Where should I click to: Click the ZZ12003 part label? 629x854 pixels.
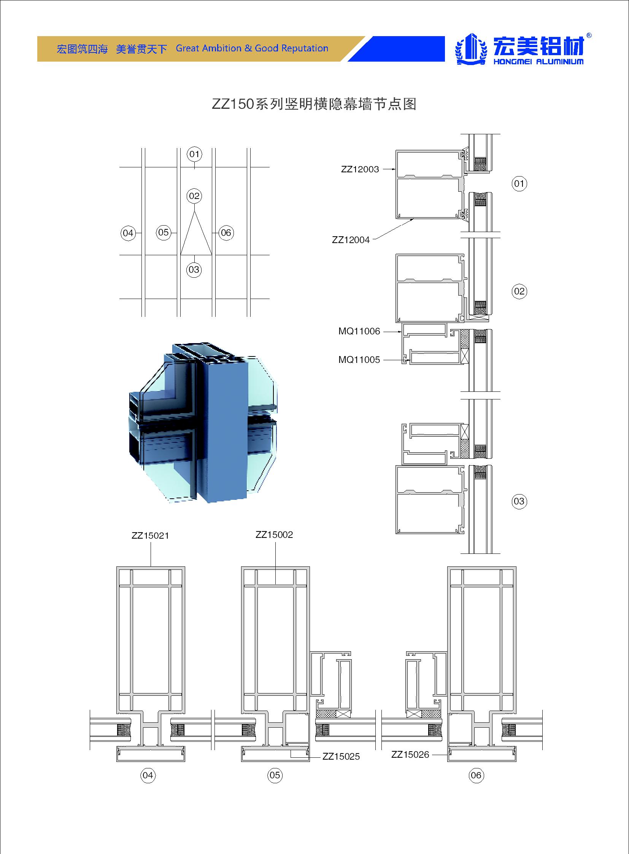(x=360, y=169)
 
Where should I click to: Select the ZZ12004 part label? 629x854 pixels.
(x=351, y=240)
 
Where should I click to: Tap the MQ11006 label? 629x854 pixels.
(x=359, y=331)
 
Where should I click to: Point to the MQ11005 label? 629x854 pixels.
(x=359, y=359)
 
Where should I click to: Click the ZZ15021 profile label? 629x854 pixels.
(x=150, y=535)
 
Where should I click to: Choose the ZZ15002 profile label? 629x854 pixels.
(x=274, y=534)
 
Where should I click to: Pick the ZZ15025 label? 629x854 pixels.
(x=341, y=756)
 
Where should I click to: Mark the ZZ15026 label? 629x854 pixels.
(x=410, y=754)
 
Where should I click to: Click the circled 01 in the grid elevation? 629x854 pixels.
(x=194, y=154)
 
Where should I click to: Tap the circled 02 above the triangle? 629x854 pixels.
(x=194, y=196)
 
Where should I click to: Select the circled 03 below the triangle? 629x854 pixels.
(x=194, y=270)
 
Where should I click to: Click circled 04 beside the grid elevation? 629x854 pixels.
(x=128, y=233)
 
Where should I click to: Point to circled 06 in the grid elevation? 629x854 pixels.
(x=226, y=232)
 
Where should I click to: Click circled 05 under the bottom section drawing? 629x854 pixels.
(x=275, y=775)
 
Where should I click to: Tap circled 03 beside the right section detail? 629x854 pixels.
(x=519, y=501)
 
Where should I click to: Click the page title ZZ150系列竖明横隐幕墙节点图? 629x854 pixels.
(x=314, y=103)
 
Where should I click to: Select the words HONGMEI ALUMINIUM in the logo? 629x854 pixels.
(x=538, y=62)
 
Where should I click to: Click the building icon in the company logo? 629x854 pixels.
(x=471, y=49)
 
